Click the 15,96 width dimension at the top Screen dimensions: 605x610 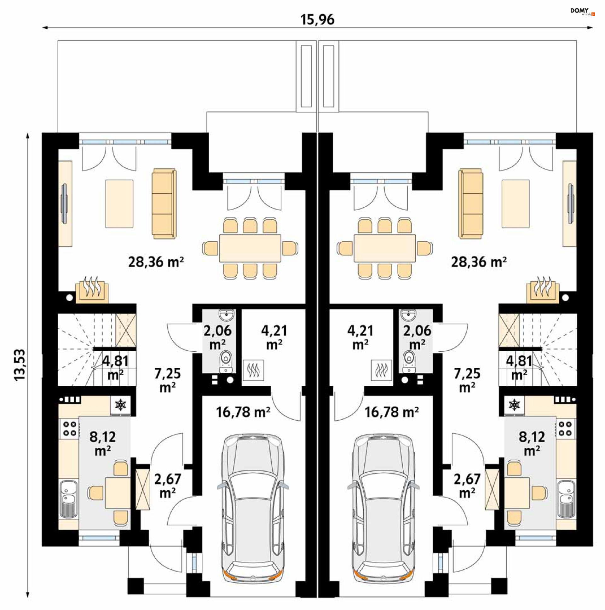point(317,20)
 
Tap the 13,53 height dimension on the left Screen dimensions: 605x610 point(20,365)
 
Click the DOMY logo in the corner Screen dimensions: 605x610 point(582,12)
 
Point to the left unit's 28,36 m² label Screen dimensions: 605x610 point(156,262)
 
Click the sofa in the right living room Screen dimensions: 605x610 point(470,203)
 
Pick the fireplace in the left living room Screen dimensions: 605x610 point(92,290)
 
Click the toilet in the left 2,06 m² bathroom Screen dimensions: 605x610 point(225,361)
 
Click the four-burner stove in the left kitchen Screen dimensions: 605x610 point(69,429)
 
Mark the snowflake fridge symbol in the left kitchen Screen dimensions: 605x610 point(120,405)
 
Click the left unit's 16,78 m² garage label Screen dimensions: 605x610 point(243,412)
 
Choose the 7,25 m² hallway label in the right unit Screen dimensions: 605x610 point(467,380)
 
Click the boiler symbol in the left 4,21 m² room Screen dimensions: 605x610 point(253,370)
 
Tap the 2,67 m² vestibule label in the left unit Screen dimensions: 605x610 point(168,486)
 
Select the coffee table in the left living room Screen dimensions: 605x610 point(119,204)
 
